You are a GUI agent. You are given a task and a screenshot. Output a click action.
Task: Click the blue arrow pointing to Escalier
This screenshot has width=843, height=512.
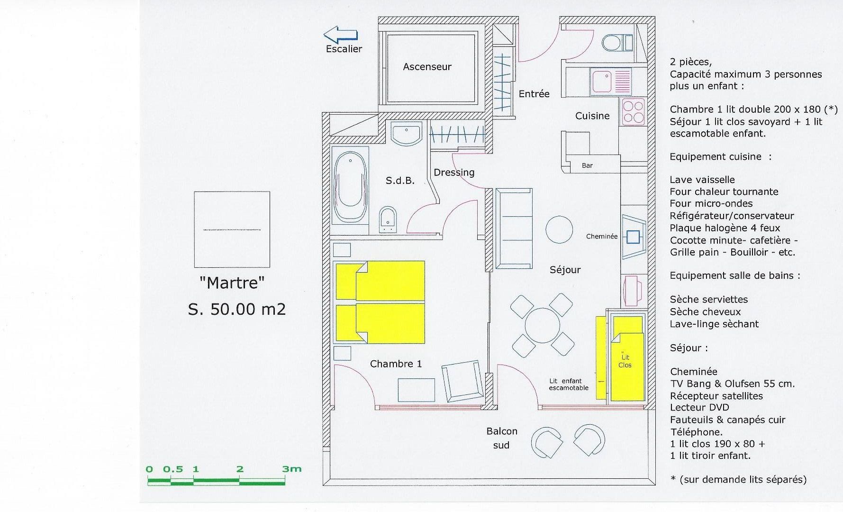tap(340, 35)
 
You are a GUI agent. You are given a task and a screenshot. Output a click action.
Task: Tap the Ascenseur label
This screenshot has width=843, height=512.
tap(427, 67)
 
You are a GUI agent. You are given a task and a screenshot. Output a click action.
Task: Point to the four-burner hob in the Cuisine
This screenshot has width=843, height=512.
tap(633, 112)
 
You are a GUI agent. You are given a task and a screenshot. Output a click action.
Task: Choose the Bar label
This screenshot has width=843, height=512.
tap(587, 165)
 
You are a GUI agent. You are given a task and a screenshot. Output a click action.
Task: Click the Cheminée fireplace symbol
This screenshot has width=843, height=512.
tap(634, 236)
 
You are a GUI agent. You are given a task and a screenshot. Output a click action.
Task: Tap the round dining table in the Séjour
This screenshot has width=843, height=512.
tap(541, 325)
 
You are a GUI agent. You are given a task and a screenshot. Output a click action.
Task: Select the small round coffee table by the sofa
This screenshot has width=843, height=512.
tap(559, 229)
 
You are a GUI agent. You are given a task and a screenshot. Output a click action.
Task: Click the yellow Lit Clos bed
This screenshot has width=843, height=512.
tap(627, 359)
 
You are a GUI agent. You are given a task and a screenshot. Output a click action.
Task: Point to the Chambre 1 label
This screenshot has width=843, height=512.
tap(396, 364)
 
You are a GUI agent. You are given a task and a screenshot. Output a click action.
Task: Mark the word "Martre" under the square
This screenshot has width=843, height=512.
tap(232, 283)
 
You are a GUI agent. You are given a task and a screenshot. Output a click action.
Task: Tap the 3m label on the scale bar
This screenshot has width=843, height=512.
tap(292, 469)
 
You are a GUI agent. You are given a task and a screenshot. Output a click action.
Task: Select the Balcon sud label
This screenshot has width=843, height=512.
tap(501, 438)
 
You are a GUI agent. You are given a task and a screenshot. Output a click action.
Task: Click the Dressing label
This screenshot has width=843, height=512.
tap(454, 173)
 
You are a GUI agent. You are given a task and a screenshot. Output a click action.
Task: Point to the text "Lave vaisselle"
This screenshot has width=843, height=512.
tap(702, 180)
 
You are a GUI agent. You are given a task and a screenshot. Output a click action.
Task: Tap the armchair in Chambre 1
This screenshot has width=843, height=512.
tap(461, 380)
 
